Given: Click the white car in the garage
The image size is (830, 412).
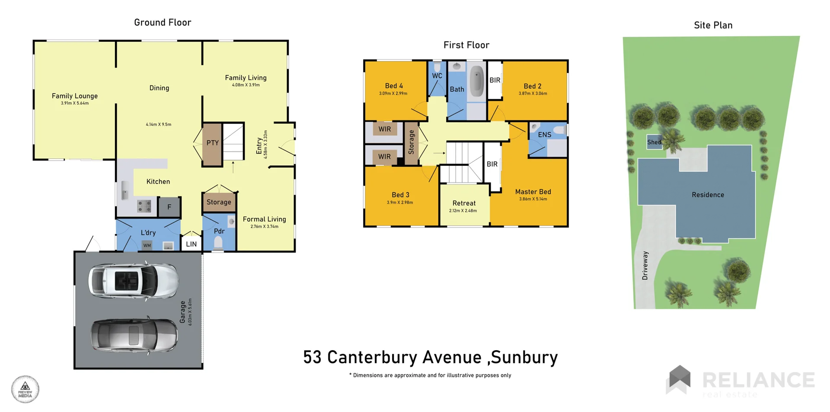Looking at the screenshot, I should click(x=133, y=281).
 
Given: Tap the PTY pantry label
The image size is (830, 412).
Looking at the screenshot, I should click(x=212, y=143).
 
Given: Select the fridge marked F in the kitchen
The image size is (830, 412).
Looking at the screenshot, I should click(x=169, y=207).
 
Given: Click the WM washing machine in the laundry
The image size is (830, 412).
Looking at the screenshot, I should click(x=147, y=245).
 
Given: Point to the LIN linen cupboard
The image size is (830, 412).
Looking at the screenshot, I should click(x=191, y=244).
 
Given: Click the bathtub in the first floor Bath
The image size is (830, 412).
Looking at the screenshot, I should click(x=476, y=81).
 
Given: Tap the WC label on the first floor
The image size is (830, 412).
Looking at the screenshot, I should click(x=437, y=76).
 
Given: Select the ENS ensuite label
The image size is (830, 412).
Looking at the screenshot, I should click(x=544, y=135).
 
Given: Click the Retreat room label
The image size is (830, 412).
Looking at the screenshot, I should click(x=464, y=203).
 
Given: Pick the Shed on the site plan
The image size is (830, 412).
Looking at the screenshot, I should click(x=654, y=142).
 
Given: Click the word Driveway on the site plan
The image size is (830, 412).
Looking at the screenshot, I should click(x=645, y=266).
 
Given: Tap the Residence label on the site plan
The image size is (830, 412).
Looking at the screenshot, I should click(x=708, y=195).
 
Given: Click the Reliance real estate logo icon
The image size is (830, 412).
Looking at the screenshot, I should click(x=680, y=379).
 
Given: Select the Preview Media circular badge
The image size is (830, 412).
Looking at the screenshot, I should click(x=25, y=389).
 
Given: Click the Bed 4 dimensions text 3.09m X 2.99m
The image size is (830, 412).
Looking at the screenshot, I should click(x=393, y=93).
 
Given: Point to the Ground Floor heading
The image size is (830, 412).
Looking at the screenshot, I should click(x=163, y=22).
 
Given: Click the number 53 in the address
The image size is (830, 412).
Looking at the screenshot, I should click(x=312, y=358).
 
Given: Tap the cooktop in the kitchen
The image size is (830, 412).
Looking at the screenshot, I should click(x=144, y=206).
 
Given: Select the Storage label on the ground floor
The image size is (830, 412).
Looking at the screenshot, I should click(x=219, y=202).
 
